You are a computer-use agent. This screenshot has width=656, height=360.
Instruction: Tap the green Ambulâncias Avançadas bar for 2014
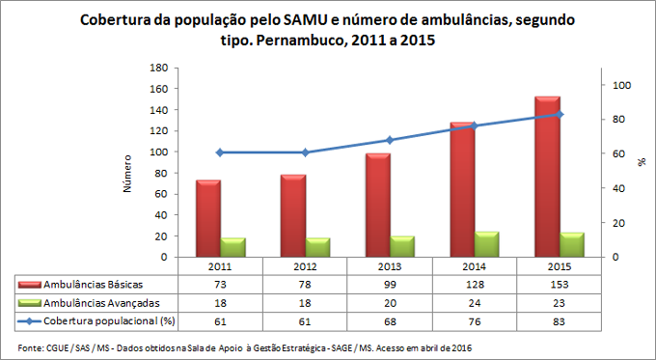pos(487,245)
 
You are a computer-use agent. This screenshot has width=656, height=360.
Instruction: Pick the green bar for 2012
pos(317,248)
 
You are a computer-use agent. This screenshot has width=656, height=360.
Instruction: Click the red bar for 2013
pos(378,205)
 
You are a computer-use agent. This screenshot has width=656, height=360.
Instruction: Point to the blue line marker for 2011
pos(220,152)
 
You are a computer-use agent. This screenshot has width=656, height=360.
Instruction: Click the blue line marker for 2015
pos(560,115)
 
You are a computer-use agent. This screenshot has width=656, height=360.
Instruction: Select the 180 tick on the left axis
pos(160,68)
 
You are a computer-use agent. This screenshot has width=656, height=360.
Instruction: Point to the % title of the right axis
pos(642,162)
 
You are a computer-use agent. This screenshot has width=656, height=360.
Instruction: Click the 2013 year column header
pos(389,266)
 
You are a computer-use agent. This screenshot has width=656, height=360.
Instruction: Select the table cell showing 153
pos(559,285)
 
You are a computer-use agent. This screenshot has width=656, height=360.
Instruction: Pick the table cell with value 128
pos(474,285)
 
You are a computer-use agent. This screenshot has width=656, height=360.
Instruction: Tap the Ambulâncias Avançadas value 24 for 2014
pos(474,302)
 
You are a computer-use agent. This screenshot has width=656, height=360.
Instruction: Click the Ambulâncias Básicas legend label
pos(93,285)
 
